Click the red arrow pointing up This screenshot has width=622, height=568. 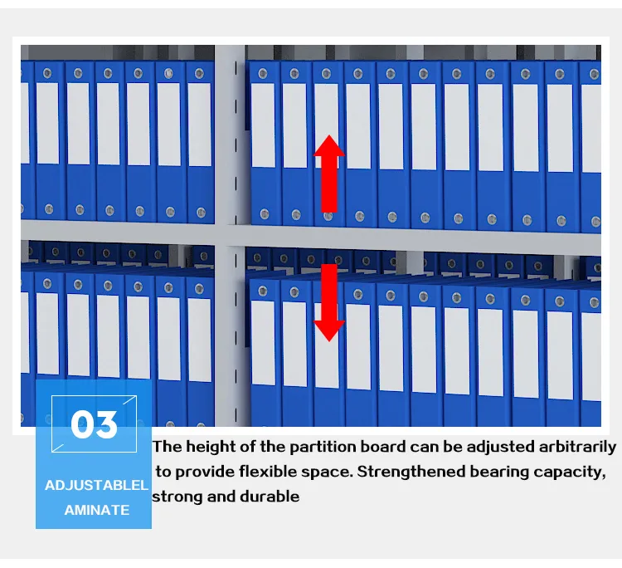click(x=329, y=174)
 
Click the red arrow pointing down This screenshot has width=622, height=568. click(x=329, y=302)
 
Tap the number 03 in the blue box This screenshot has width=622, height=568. click(x=94, y=424)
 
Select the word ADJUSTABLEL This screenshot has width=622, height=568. click(x=96, y=485)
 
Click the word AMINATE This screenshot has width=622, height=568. click(x=97, y=510)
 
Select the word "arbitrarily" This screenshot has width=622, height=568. click(x=577, y=447)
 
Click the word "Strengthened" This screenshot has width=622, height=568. click(x=411, y=472)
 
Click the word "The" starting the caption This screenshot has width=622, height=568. click(x=168, y=447)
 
